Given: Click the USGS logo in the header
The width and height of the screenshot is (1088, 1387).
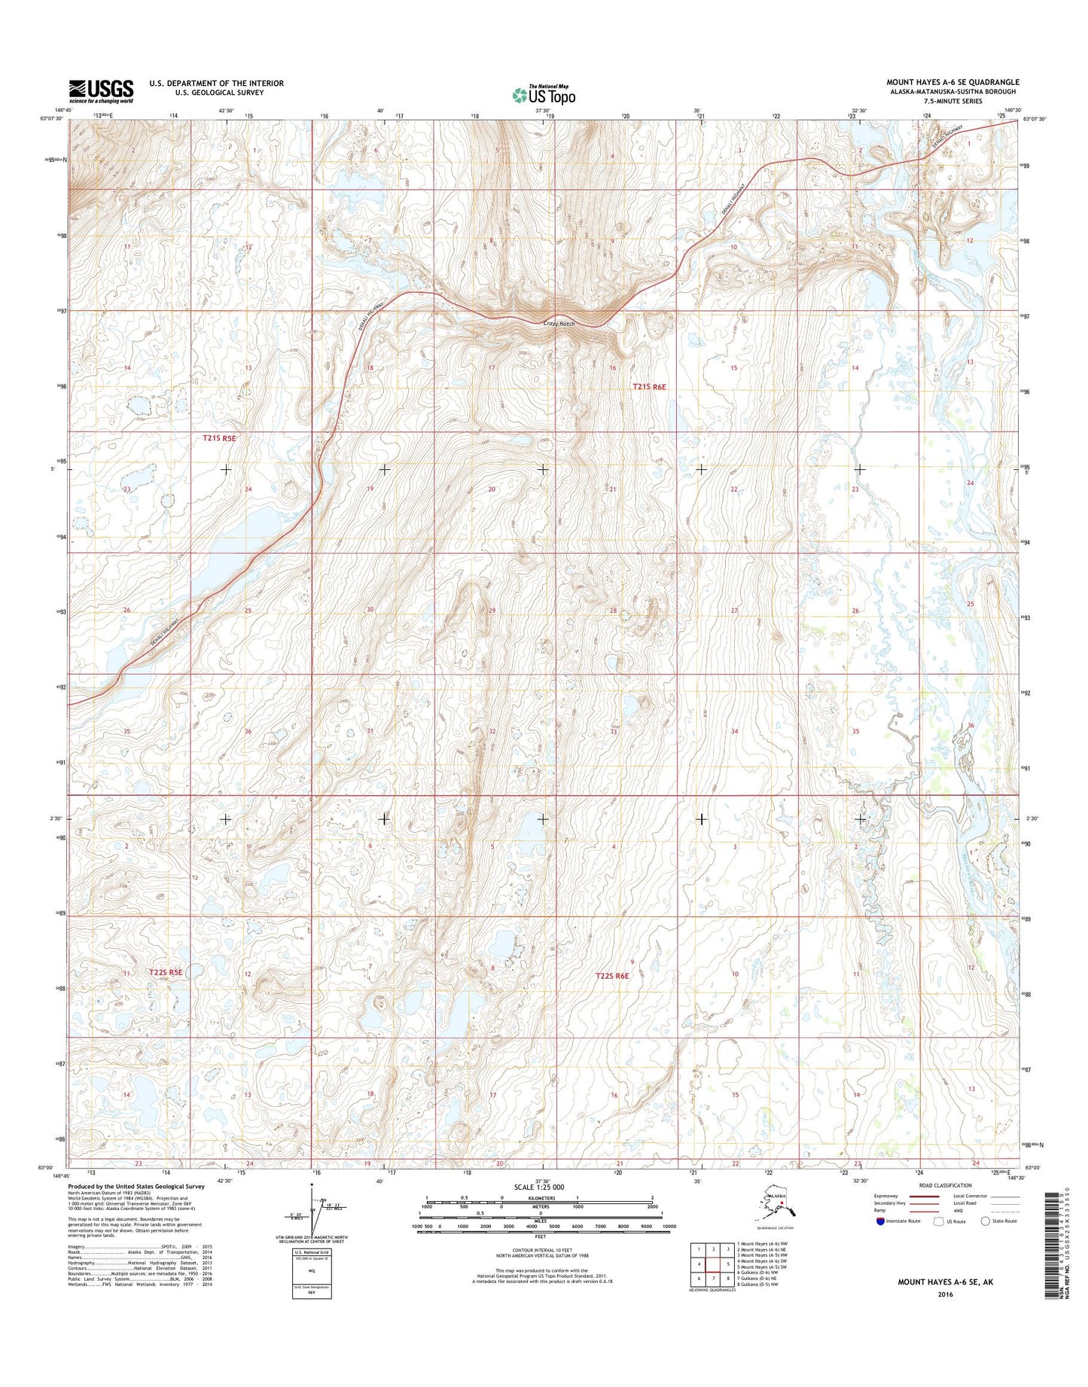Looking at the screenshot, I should (x=101, y=91).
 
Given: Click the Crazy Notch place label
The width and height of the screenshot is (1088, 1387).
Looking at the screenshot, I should (x=559, y=323).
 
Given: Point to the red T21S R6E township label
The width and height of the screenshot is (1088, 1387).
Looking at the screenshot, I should (x=649, y=386).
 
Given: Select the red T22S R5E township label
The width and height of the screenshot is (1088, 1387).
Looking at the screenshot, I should (x=166, y=972).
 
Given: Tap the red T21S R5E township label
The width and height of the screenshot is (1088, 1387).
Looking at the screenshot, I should (x=219, y=437).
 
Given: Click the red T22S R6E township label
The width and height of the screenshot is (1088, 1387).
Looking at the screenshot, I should (x=612, y=976).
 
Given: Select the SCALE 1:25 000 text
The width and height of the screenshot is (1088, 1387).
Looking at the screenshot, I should (x=539, y=1187).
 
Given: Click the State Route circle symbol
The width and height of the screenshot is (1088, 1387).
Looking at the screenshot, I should (x=985, y=1221).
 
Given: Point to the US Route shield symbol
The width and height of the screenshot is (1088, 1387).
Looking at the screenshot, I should (x=938, y=1221).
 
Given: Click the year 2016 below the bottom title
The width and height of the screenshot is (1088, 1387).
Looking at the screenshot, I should (x=945, y=1294).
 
